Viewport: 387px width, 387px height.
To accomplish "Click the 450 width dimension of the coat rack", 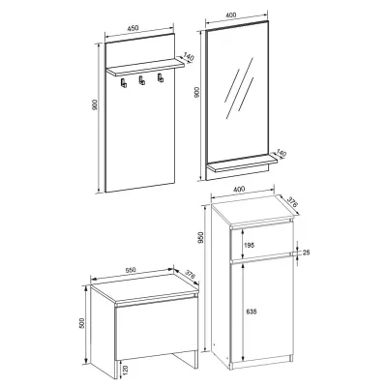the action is click(133, 28).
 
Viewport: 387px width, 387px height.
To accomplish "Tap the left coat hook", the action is click(124, 82).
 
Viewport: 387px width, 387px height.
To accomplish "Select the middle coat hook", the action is click(141, 80).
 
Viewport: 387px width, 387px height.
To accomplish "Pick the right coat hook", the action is click(160, 77).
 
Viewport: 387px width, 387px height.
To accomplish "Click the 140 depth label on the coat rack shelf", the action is click(188, 57).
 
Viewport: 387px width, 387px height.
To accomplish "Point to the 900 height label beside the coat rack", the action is click(95, 104).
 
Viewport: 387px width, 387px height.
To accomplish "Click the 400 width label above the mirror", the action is click(231, 15).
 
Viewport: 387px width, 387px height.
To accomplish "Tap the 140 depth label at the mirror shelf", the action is click(282, 153).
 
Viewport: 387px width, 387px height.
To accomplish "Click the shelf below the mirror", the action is click(242, 164).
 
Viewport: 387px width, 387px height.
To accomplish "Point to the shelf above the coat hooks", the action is click(145, 67).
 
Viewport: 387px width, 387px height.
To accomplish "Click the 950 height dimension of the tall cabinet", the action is click(201, 238).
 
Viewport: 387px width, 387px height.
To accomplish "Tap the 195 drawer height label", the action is click(250, 246).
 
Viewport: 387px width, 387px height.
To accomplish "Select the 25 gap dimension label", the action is click(306, 253).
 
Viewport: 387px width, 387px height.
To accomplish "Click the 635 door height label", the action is click(251, 312).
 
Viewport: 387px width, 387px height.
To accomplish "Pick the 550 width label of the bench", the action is click(131, 270).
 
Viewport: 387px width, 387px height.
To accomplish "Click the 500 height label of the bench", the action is click(81, 323).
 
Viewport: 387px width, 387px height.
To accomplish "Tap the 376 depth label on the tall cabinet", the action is click(291, 201).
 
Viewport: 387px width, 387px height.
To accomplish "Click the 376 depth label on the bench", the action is click(191, 276).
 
